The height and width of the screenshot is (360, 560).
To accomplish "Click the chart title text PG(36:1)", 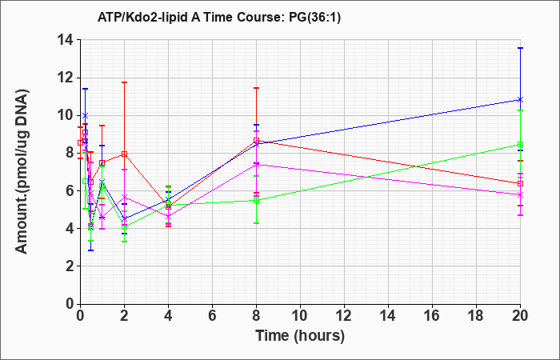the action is (x=314, y=17).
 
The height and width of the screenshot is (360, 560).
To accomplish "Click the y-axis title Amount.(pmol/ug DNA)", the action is (x=22, y=171).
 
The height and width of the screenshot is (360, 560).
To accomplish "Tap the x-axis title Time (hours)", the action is (x=300, y=336).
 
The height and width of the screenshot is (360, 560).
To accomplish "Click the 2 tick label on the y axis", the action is (x=70, y=266).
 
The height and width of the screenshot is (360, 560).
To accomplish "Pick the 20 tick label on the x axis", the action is (x=520, y=316).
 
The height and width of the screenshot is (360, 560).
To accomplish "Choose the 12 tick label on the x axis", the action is (x=344, y=316).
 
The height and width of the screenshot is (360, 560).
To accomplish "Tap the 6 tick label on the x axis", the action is (x=212, y=316).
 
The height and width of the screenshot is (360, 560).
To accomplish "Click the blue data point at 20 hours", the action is (x=520, y=100).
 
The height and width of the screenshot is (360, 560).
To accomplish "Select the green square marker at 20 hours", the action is (x=520, y=145).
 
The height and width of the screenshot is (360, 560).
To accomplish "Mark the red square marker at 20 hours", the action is (x=520, y=183).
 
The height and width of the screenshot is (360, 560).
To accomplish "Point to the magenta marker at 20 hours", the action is (x=520, y=194).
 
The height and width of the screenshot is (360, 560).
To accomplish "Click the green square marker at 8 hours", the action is (x=256, y=200).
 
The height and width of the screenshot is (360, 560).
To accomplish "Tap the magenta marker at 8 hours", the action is (x=256, y=164).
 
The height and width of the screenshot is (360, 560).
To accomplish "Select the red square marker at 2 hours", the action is (x=124, y=154).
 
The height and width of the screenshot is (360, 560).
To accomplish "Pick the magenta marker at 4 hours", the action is (x=168, y=217).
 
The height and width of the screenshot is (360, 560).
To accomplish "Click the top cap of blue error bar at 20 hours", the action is (x=520, y=48).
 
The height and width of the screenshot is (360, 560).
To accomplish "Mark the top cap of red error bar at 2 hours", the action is (x=124, y=82).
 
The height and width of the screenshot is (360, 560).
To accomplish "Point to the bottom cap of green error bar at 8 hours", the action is (x=256, y=223).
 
